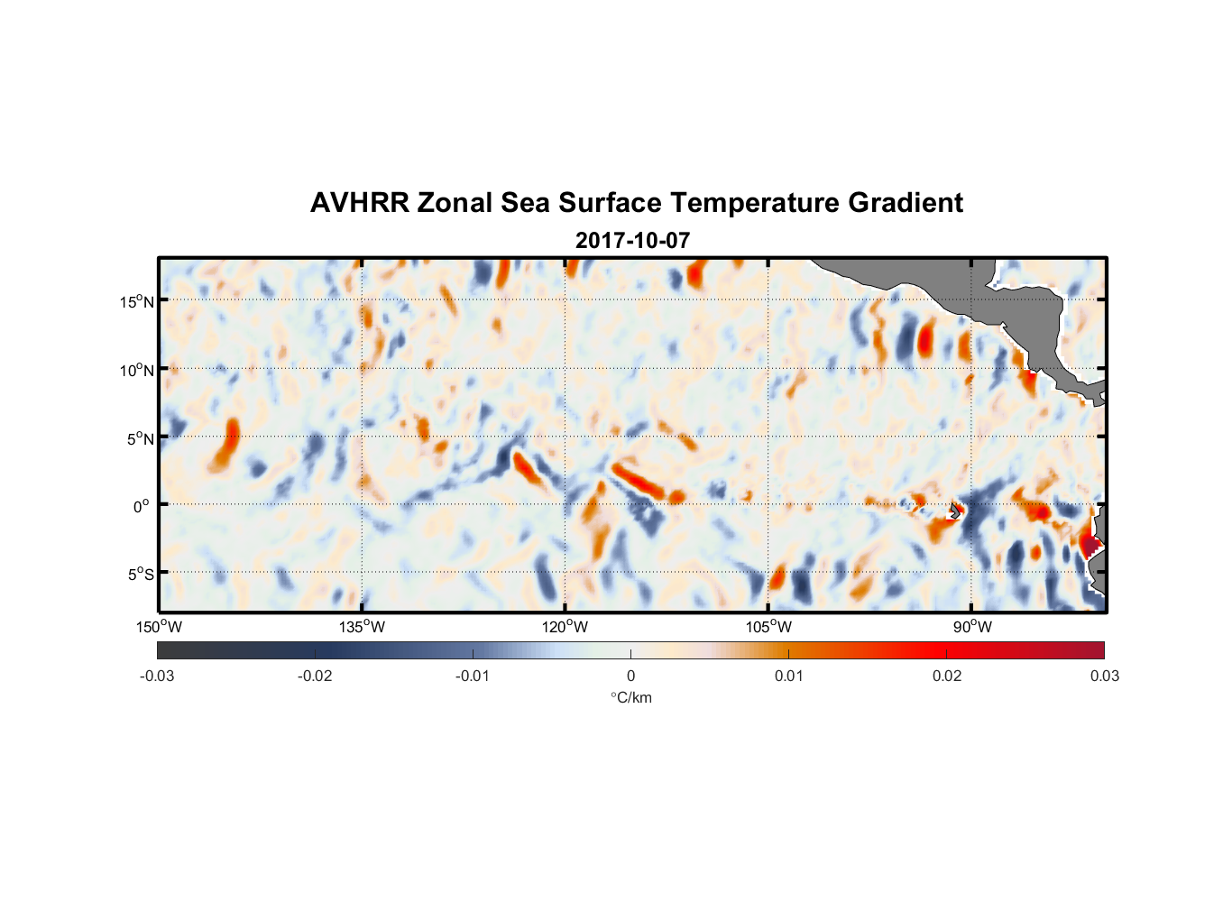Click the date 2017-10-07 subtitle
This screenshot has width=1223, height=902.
[x=632, y=241]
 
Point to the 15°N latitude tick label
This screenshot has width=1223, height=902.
[x=136, y=301]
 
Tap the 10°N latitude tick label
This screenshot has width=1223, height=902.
[x=136, y=370]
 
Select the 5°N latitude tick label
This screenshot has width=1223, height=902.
[x=140, y=438]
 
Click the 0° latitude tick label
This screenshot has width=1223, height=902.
[x=142, y=506]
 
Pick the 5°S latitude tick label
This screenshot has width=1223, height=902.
[x=140, y=575]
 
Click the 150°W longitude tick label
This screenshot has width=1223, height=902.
[x=160, y=627]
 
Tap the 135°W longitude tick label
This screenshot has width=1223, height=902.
[x=363, y=627]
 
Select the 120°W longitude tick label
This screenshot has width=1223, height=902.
[x=566, y=627]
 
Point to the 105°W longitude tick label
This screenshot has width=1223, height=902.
[x=768, y=627]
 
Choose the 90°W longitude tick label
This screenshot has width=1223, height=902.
[x=971, y=627]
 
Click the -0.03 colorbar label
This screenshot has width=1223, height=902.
[x=157, y=676]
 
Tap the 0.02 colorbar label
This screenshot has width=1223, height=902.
[x=946, y=676]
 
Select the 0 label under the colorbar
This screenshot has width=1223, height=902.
[x=630, y=676]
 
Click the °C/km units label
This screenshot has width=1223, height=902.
[x=630, y=697]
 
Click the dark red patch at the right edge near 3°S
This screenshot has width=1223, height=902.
[x=1090, y=545]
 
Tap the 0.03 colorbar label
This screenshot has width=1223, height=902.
[x=1104, y=676]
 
